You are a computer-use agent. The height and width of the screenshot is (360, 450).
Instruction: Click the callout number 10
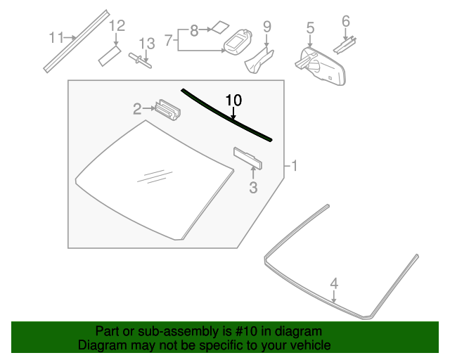pyautogui.click(x=233, y=100)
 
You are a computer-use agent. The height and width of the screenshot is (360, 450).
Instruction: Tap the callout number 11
pyautogui.click(x=56, y=37)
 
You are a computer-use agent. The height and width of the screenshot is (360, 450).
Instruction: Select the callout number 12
pyautogui.click(x=117, y=25)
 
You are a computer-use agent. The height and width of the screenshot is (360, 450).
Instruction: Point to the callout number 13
pyautogui.click(x=147, y=44)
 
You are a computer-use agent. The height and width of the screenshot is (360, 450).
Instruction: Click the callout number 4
pyautogui.click(x=334, y=283)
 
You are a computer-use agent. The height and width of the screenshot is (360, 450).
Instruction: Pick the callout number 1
pyautogui.click(x=294, y=166)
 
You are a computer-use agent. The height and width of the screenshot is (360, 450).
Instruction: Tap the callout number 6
pyautogui.click(x=346, y=21)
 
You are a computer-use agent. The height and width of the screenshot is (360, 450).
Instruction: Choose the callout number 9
pyautogui.click(x=267, y=27)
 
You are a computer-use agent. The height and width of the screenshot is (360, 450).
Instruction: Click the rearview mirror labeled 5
pyautogui.click(x=321, y=67)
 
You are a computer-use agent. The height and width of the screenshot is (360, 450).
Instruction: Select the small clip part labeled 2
pyautogui.click(x=167, y=110)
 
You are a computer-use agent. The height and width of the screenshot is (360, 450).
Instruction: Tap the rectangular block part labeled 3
pyautogui.click(x=247, y=158)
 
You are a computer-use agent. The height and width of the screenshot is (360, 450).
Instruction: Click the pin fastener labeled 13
pyautogui.click(x=140, y=60)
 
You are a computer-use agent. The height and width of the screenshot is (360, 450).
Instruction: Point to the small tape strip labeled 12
pyautogui.click(x=110, y=56)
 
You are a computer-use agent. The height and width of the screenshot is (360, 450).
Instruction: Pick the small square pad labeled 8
pyautogui.click(x=220, y=27)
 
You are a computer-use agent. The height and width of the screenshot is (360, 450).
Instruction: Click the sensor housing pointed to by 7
pyautogui.click(x=238, y=41)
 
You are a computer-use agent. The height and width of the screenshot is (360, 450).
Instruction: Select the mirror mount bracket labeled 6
pyautogui.click(x=345, y=45)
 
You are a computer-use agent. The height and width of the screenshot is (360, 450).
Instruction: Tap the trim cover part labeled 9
pyautogui.click(x=259, y=61)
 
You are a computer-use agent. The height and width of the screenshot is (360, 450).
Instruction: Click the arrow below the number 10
pyautogui.click(x=233, y=113)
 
